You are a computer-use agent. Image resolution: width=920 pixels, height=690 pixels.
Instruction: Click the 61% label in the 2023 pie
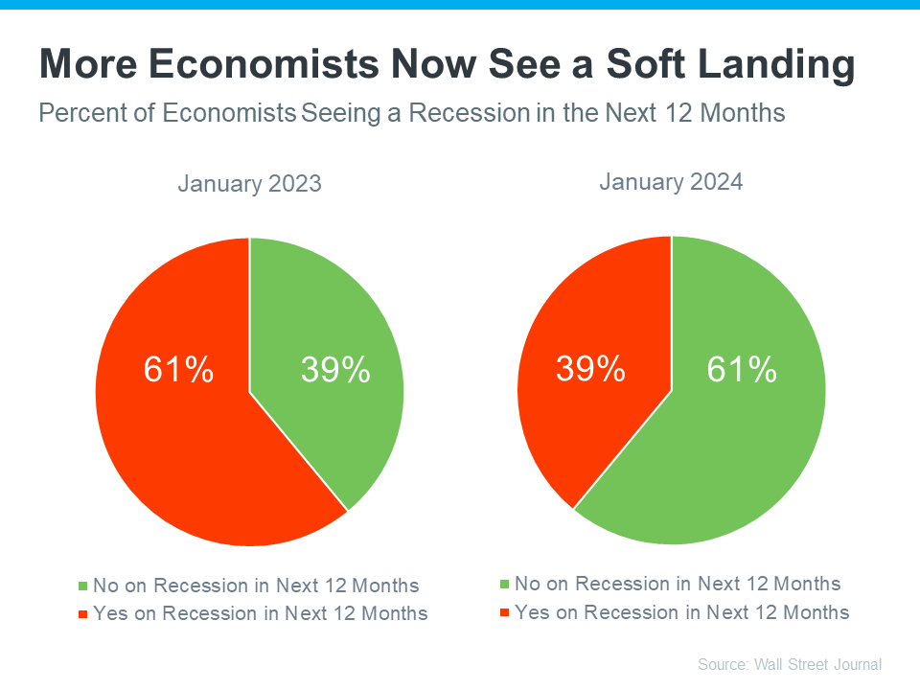point(178,370)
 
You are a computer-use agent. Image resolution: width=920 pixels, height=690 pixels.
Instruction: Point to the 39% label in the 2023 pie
point(335,370)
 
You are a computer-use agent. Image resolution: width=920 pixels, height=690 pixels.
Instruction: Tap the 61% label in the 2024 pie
point(741,369)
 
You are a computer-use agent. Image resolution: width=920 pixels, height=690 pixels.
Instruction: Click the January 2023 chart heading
point(249,184)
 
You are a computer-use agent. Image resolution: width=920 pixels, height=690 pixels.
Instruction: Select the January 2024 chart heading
point(671,182)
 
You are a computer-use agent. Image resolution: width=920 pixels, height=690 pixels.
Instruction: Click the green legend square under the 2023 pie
point(83,586)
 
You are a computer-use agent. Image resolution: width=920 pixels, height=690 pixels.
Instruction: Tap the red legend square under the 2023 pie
point(83,613)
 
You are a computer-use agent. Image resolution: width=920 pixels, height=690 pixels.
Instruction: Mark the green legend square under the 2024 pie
point(505,584)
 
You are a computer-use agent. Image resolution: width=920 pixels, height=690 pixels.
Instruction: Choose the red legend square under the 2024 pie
point(505,611)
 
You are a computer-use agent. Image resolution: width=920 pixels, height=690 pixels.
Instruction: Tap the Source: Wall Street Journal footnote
point(789,664)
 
